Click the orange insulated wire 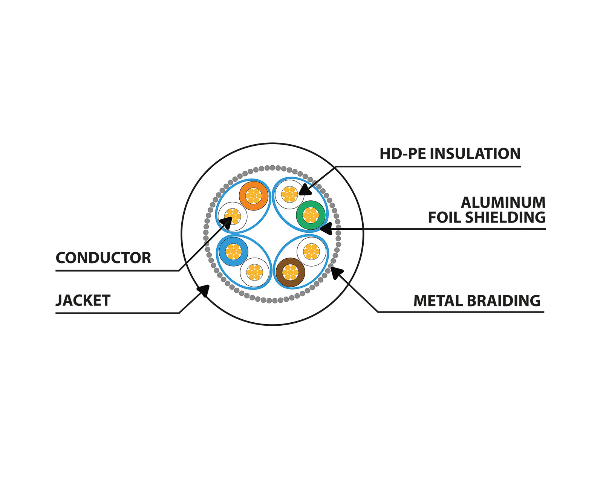point(254,196)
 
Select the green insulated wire point(311,215)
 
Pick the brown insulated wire point(290,272)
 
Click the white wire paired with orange point(233,217)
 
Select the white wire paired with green point(289,194)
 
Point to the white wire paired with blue point(255,272)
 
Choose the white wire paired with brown point(311,251)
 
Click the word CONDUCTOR point(103,258)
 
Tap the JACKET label point(83,300)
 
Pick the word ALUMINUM point(503,203)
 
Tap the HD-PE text point(402,154)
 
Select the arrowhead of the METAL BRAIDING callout point(336,272)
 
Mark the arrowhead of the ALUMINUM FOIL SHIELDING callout point(325,228)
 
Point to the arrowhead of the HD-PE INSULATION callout point(305,190)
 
